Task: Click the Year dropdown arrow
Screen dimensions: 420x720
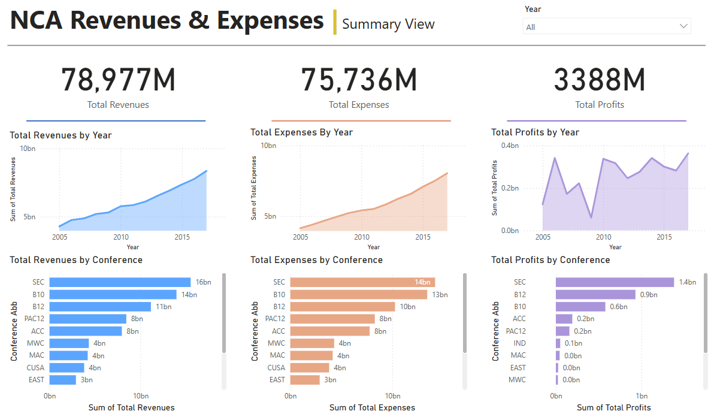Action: pos(683,26)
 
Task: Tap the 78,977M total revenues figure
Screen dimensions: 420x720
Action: pos(118,80)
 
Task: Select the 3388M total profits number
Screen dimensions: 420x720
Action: pos(599,80)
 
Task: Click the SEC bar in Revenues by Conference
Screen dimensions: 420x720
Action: pos(120,282)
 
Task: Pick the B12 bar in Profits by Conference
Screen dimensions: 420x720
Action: pos(595,295)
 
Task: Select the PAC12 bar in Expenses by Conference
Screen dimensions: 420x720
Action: pos(332,319)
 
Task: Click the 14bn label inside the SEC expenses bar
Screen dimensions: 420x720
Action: pos(423,282)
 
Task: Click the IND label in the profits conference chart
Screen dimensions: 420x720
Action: pos(520,343)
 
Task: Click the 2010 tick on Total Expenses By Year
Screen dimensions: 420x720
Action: pos(362,237)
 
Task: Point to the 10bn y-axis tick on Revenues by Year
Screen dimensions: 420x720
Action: pos(28,149)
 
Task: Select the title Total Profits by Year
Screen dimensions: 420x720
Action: pos(535,132)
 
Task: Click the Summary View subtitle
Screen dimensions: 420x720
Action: pos(388,24)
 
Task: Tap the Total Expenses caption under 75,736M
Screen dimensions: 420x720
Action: pos(359,105)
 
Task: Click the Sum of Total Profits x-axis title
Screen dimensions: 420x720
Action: pos(613,407)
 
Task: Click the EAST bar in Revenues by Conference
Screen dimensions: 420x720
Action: pos(63,380)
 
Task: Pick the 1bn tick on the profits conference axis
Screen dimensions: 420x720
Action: pos(642,395)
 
